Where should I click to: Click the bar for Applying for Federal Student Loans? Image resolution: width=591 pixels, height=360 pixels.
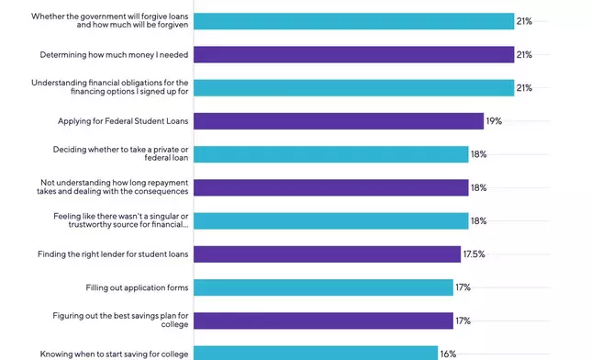(x=338, y=121)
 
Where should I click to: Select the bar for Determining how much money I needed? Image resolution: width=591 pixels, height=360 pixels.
(x=353, y=55)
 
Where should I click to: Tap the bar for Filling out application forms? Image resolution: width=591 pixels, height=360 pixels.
(x=323, y=287)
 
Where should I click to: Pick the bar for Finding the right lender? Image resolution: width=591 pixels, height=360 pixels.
(x=327, y=254)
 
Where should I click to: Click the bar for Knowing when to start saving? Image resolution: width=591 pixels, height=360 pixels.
(x=315, y=353)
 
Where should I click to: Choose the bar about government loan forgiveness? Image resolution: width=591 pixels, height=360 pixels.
(x=353, y=21)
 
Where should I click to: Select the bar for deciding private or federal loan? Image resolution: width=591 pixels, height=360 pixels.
(x=330, y=154)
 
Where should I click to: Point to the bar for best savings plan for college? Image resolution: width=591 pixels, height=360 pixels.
(x=323, y=321)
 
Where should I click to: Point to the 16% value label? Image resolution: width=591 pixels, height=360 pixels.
(x=448, y=354)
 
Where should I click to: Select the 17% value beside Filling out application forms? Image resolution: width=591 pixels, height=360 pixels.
(x=463, y=287)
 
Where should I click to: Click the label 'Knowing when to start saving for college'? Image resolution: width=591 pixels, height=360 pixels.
(x=115, y=354)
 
